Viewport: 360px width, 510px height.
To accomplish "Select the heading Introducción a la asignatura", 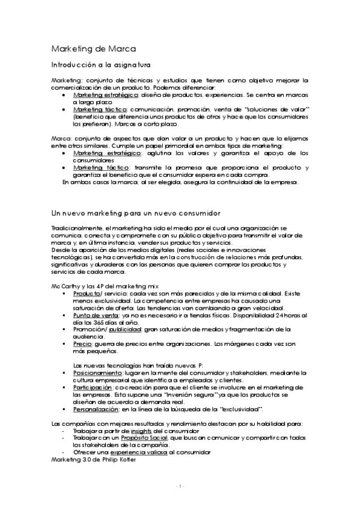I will tap(101, 64).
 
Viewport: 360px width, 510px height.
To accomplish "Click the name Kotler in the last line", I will tap(126, 459).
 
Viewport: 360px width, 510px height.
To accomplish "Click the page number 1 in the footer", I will tap(180, 485).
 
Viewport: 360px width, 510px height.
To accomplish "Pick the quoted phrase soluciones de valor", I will tap(280, 109).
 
